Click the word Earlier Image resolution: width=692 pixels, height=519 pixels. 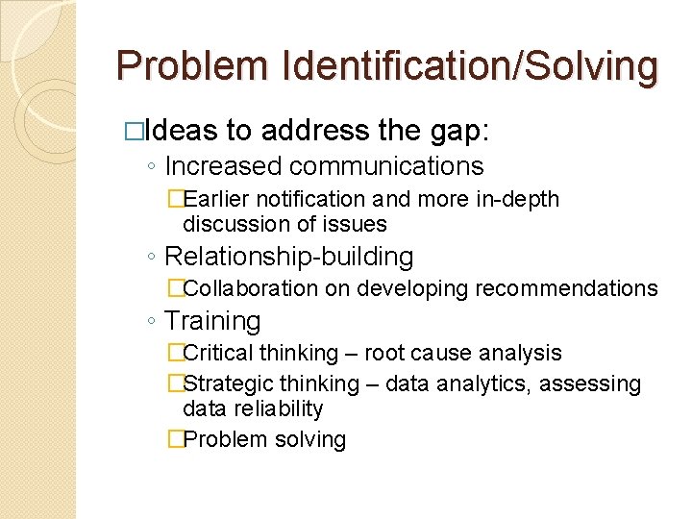(214, 200)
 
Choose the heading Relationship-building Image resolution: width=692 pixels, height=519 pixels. (289, 257)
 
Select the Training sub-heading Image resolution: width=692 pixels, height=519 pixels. (212, 321)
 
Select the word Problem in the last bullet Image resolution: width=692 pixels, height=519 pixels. (220, 440)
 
